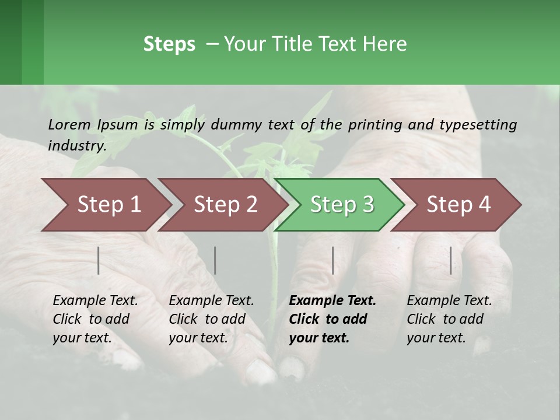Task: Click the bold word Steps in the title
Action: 169,44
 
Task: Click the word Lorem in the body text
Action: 69,124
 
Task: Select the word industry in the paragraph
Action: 76,145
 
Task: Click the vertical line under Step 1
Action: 99,260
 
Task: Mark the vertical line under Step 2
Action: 215,260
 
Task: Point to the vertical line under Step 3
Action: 333,260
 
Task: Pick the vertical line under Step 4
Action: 451,260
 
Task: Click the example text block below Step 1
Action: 94,319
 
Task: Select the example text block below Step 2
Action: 211,319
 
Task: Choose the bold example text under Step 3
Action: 332,319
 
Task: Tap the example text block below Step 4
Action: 449,319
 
